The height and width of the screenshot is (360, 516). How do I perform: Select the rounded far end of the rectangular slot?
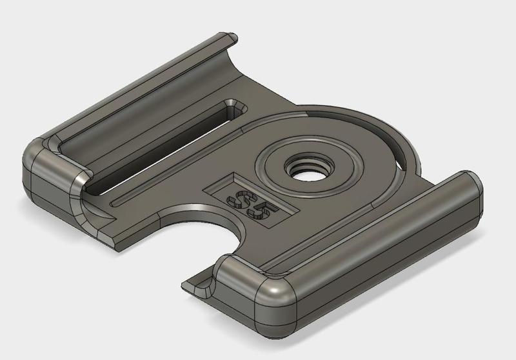click(x=233, y=106)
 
